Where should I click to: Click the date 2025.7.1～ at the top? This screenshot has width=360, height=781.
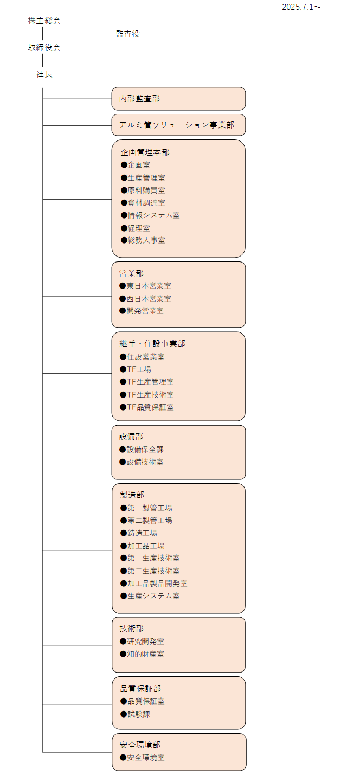click(x=301, y=7)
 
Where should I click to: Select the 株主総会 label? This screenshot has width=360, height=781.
click(x=44, y=21)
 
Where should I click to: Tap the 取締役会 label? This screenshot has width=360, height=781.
click(x=44, y=47)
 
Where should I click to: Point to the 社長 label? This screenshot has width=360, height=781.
click(x=44, y=74)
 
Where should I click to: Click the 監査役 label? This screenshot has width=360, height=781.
click(x=128, y=34)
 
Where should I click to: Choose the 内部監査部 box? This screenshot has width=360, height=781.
click(x=178, y=99)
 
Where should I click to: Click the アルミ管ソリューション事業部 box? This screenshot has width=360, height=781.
click(x=178, y=125)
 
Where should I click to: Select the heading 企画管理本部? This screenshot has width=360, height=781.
click(x=145, y=152)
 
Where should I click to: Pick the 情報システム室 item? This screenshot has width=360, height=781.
click(x=150, y=215)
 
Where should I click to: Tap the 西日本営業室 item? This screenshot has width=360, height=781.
click(x=145, y=299)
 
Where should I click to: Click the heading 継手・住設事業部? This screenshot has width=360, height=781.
click(x=152, y=344)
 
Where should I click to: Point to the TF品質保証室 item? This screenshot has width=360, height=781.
click(x=147, y=407)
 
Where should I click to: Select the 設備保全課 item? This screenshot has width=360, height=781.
click(x=142, y=450)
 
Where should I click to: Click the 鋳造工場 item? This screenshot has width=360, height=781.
click(x=139, y=533)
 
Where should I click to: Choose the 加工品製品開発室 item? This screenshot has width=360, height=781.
click(x=153, y=584)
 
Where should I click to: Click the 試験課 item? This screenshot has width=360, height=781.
click(x=135, y=714)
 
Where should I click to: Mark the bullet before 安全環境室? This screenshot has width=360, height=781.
click(x=123, y=757)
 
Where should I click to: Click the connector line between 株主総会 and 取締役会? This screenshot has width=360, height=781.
click(x=42, y=34)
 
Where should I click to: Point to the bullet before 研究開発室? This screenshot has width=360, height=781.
click(x=123, y=642)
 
